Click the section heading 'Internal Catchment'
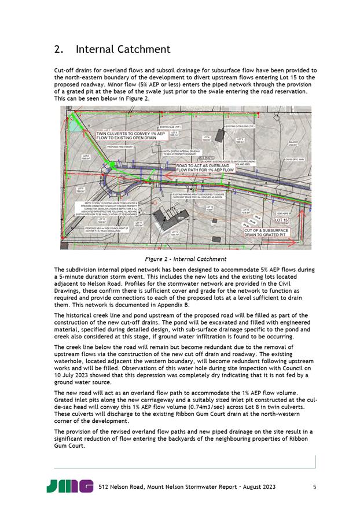point(123,49)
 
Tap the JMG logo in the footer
point(69,486)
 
